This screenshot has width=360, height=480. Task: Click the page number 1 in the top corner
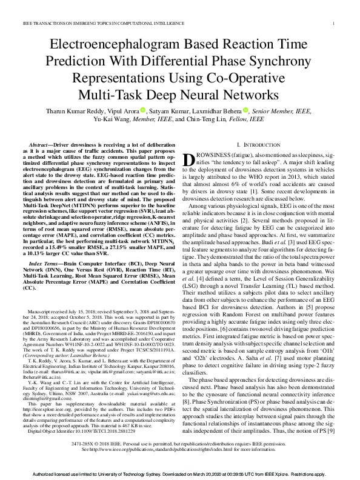[335, 23]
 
